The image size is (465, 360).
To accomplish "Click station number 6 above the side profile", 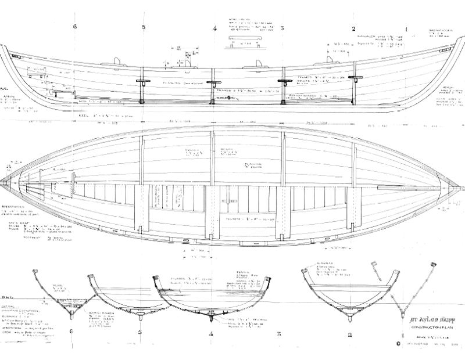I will pyautogui.click(x=75, y=27).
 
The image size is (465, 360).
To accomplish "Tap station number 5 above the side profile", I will pyautogui.click(x=143, y=27).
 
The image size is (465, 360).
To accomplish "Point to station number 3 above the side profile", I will pyautogui.click(x=282, y=28).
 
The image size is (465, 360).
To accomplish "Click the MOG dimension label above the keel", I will pyautogui.click(x=84, y=100).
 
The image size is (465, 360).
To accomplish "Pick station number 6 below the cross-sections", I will pyautogui.click(x=72, y=332).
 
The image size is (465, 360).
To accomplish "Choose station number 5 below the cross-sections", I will pyautogui.click(x=141, y=333).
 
